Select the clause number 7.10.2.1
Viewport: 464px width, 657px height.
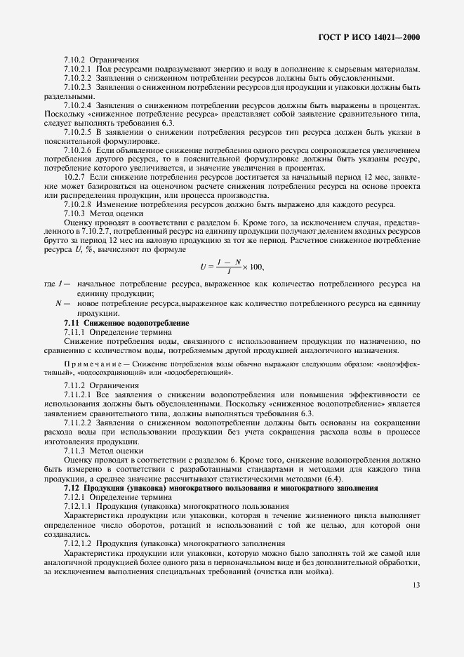click(x=79, y=69)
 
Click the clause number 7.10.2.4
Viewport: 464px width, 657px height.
click(x=79, y=104)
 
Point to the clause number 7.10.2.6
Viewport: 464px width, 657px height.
click(x=79, y=150)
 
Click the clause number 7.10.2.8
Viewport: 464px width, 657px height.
click(x=79, y=204)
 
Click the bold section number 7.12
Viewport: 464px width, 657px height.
click(x=72, y=487)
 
